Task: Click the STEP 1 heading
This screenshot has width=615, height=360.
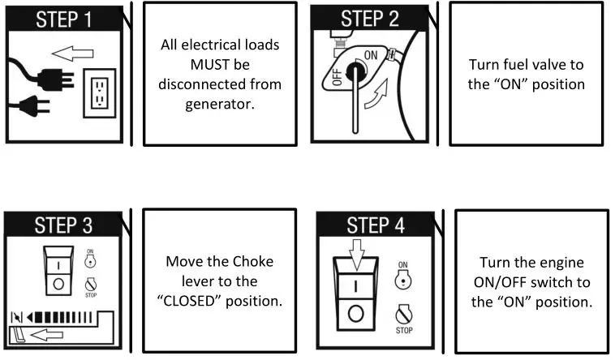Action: tap(62, 18)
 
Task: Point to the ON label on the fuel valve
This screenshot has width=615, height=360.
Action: tap(372, 54)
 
